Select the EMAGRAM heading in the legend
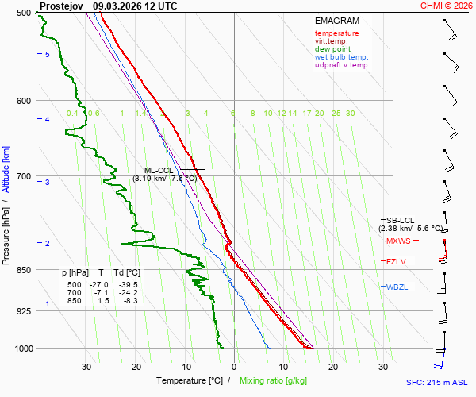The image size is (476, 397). (x=336, y=21)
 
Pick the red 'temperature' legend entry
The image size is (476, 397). (x=336, y=33)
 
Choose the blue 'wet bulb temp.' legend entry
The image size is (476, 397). (x=341, y=57)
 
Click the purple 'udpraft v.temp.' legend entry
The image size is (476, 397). (x=342, y=65)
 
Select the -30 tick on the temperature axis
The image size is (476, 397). (x=85, y=367)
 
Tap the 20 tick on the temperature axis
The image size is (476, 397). (x=333, y=367)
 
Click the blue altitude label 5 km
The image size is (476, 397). (x=48, y=54)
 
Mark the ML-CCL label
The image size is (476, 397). (x=159, y=170)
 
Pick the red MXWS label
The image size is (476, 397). (x=398, y=241)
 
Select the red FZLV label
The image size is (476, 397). (x=396, y=261)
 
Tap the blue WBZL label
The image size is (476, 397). (x=397, y=287)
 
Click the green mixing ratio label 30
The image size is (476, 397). (x=350, y=114)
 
